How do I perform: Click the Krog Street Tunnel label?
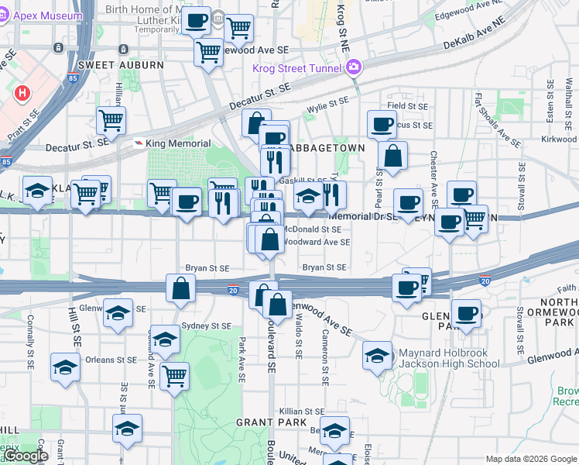297,68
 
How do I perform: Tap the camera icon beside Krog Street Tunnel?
354,67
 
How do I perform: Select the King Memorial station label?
177,143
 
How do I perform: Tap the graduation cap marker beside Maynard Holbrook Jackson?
377,356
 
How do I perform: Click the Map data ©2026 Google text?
531,459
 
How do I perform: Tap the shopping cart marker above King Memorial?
111,121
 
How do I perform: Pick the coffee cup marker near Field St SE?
382,125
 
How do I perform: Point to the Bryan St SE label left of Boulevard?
207,268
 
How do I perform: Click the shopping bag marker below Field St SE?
393,155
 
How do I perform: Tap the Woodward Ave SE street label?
317,242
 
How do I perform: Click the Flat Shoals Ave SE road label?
498,120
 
